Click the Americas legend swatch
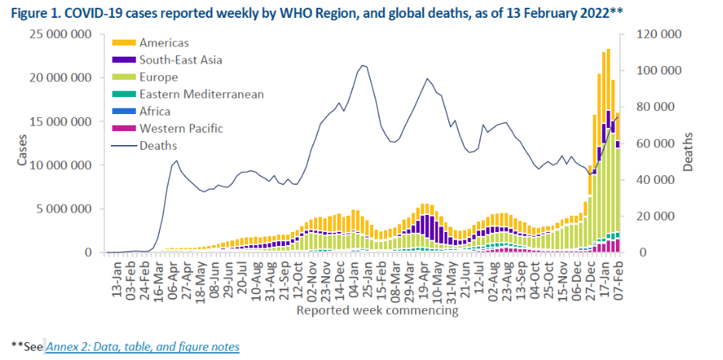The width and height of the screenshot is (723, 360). (125, 43)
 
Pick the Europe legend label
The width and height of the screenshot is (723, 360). (159, 77)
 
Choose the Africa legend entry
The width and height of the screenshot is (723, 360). (156, 111)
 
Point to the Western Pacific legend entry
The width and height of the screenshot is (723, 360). (181, 128)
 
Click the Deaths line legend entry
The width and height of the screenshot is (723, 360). (158, 145)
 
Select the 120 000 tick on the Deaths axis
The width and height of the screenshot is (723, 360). (659, 34)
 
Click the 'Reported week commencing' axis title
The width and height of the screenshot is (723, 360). (377, 310)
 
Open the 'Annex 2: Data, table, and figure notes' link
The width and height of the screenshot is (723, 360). (143, 347)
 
